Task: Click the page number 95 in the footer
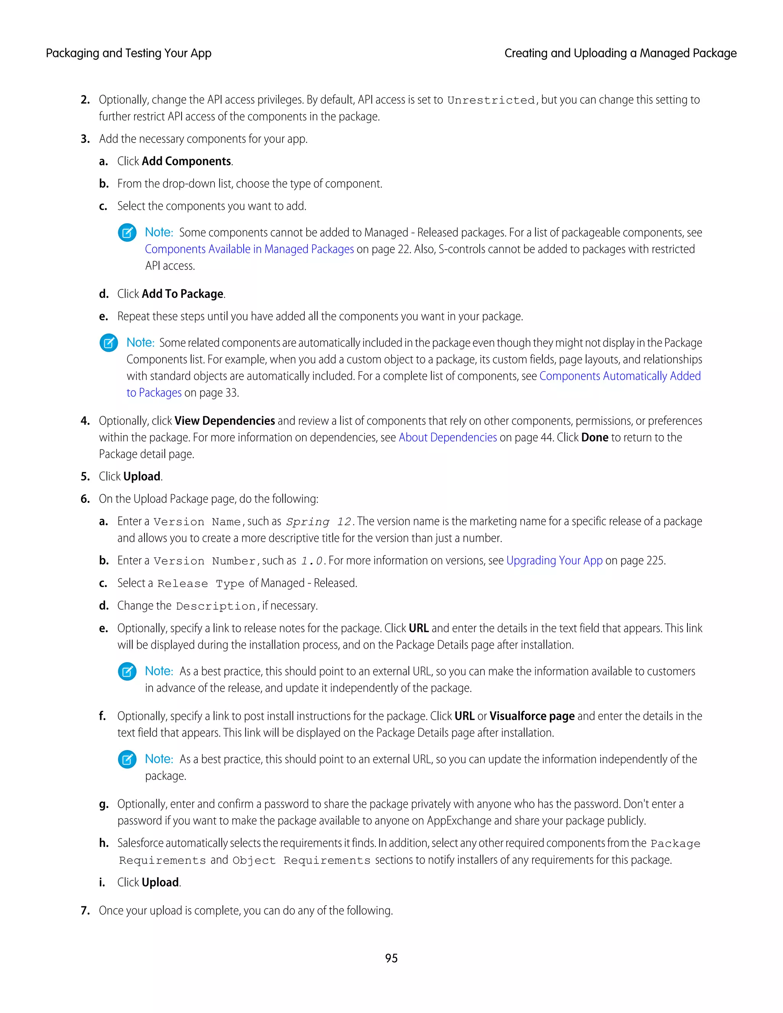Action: (x=391, y=958)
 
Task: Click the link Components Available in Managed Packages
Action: (x=249, y=249)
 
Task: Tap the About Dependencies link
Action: (x=448, y=437)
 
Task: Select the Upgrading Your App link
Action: (x=554, y=560)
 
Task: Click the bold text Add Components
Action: (x=186, y=161)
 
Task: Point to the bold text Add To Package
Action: (x=182, y=294)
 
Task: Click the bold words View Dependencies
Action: (x=224, y=421)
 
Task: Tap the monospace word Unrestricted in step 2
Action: (x=491, y=100)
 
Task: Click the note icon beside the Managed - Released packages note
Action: (x=127, y=232)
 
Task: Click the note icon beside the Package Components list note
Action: (x=109, y=343)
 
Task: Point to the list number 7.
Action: (x=85, y=911)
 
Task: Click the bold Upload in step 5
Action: (x=142, y=476)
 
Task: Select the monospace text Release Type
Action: (x=201, y=583)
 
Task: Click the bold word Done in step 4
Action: (x=594, y=437)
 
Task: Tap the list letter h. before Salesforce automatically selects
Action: (x=104, y=843)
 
